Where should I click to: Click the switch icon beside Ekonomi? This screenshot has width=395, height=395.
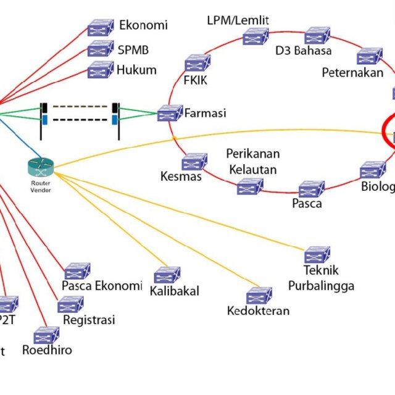pyautogui.click(x=100, y=27)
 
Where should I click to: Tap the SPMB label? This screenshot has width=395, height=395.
pyautogui.click(x=133, y=50)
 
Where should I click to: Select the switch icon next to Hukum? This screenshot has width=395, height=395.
pyautogui.click(x=100, y=70)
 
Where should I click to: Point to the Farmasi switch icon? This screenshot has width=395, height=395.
pyautogui.click(x=170, y=114)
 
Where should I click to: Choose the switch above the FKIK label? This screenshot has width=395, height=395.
pyautogui.click(x=197, y=63)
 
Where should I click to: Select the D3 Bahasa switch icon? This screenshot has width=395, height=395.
pyautogui.click(x=317, y=35)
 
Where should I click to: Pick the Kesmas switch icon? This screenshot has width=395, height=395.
pyautogui.click(x=193, y=162)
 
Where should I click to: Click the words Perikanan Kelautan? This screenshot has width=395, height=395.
pyautogui.click(x=253, y=160)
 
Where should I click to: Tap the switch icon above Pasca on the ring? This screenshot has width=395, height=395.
pyautogui.click(x=312, y=189)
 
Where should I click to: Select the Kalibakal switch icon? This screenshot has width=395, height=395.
pyautogui.click(x=167, y=275)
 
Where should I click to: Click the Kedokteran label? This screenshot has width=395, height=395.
pyautogui.click(x=258, y=310)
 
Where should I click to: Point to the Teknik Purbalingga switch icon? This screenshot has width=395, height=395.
pyautogui.click(x=317, y=254)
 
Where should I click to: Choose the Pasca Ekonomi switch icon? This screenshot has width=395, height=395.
pyautogui.click(x=78, y=272)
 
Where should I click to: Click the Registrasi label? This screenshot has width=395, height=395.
pyautogui.click(x=89, y=320)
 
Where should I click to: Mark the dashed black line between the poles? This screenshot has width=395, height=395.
pyautogui.click(x=80, y=119)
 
